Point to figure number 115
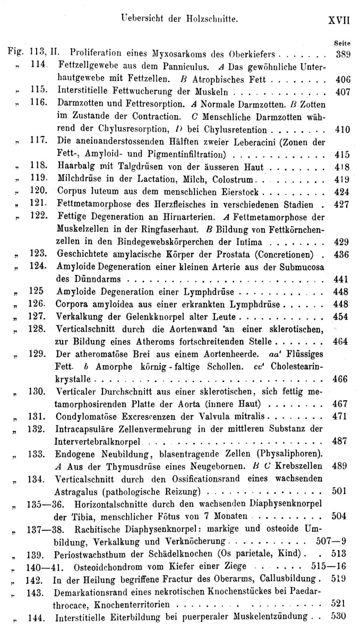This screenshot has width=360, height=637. [x=40, y=91]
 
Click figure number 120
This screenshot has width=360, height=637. [x=40, y=192]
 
